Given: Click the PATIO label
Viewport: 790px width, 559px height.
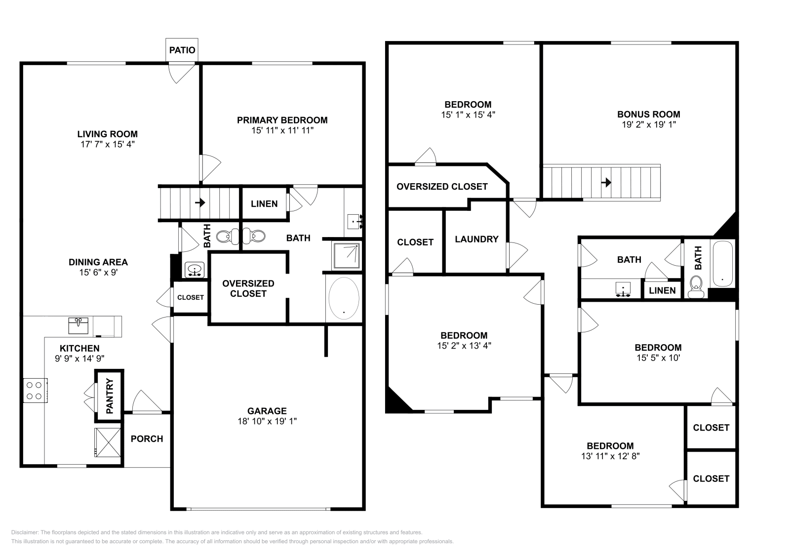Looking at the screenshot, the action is pyautogui.click(x=182, y=50).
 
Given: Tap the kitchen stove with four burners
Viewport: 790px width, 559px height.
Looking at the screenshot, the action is pyautogui.click(x=35, y=391).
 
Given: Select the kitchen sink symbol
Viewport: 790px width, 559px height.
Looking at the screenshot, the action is pyautogui.click(x=79, y=325).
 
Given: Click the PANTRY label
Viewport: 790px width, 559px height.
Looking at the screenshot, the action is pyautogui.click(x=110, y=396).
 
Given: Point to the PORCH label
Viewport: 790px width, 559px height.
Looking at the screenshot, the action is pyautogui.click(x=147, y=439).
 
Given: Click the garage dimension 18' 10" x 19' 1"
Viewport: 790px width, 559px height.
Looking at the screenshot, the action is pyautogui.click(x=267, y=421).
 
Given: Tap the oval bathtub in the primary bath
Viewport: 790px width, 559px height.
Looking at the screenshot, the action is pyautogui.click(x=344, y=298).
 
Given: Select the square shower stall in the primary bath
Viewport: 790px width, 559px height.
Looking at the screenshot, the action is pyautogui.click(x=347, y=256).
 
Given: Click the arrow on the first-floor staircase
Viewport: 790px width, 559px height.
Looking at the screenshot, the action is pyautogui.click(x=200, y=202).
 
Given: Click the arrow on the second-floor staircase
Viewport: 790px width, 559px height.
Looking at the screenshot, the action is pyautogui.click(x=606, y=182).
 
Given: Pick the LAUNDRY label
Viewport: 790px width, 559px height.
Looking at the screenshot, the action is pyautogui.click(x=476, y=239).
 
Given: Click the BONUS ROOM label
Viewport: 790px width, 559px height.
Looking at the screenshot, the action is pyautogui.click(x=649, y=114).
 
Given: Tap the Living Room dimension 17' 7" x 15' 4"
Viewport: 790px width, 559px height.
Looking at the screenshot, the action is pyautogui.click(x=108, y=144).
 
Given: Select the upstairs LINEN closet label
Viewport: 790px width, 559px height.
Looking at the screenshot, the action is pyautogui.click(x=662, y=290).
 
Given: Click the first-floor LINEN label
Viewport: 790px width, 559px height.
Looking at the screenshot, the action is pyautogui.click(x=264, y=203).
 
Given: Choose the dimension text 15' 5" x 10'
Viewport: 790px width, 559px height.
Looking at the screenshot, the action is pyautogui.click(x=658, y=358).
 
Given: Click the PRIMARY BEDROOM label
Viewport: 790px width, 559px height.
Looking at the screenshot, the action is pyautogui.click(x=282, y=120).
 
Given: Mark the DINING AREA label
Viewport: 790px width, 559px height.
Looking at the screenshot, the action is pyautogui.click(x=98, y=262).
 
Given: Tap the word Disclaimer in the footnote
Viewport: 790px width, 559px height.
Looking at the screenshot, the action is pyautogui.click(x=25, y=532).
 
